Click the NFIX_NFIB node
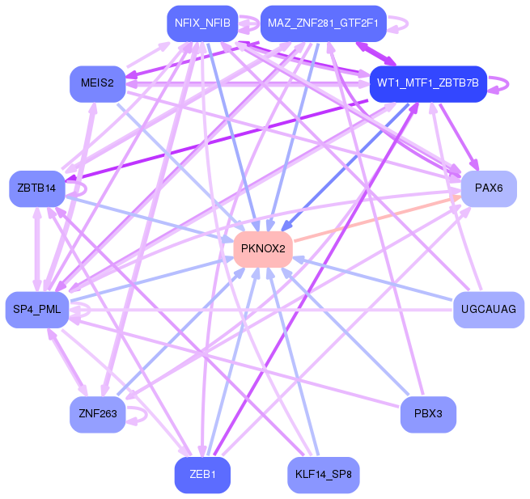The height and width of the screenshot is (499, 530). (202, 23)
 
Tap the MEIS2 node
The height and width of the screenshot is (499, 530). (97, 82)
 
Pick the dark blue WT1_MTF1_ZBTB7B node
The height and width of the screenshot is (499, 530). (427, 82)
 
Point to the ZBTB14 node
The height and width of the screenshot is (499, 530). (36, 188)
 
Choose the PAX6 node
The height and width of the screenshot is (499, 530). (489, 188)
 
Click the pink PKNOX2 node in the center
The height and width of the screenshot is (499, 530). (263, 248)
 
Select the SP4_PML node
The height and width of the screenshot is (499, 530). (38, 309)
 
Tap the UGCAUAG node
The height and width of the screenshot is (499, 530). (489, 309)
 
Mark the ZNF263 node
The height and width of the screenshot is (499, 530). (97, 414)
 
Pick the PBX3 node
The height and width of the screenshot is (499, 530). (428, 414)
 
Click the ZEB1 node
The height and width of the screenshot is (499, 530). (202, 475)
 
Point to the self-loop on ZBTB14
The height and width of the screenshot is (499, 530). (78, 188)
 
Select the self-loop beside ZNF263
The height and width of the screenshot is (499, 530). (141, 414)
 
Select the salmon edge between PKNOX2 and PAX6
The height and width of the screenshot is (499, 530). (376, 218)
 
